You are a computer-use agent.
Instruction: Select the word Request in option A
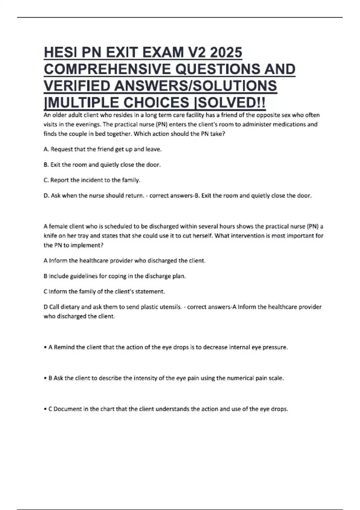tap(61, 149)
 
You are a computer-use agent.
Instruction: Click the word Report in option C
tap(59, 180)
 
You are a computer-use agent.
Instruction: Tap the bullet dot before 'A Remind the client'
tap(45, 347)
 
